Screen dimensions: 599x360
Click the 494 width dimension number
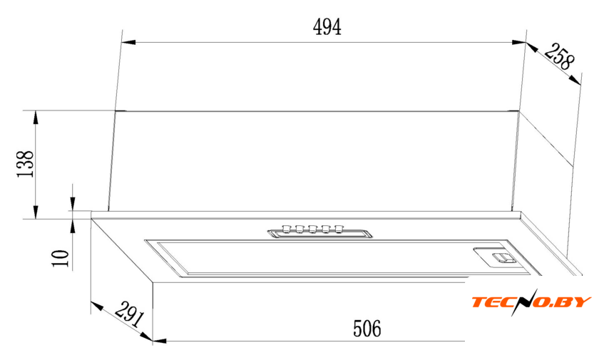point(327,26)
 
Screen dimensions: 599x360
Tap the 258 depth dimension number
point(559,56)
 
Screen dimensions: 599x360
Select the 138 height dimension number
point(26,164)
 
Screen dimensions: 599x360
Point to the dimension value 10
point(60,258)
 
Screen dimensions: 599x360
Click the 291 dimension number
point(130,314)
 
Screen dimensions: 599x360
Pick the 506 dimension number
point(367,329)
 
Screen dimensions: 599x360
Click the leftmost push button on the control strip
point(285,229)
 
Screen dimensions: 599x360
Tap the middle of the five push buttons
point(312,229)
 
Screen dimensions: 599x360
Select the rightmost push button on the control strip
point(339,229)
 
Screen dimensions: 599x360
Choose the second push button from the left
point(299,229)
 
